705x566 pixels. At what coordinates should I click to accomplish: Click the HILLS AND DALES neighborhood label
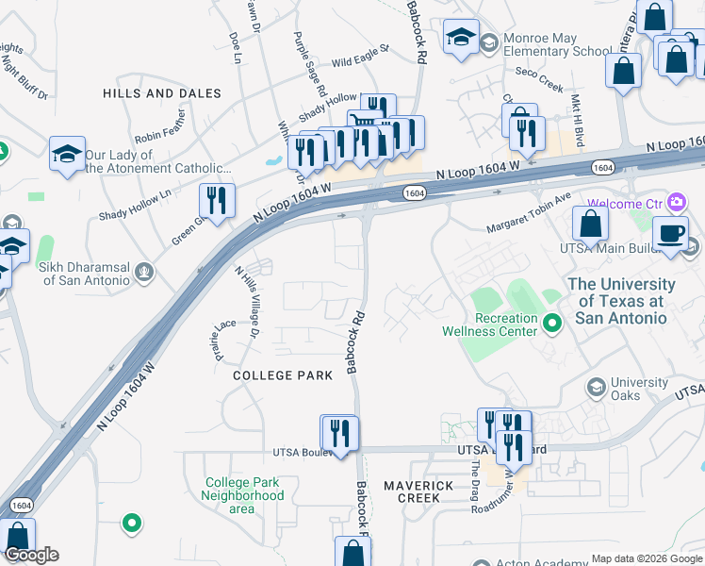point(161,93)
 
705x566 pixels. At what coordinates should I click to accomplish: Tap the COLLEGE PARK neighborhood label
point(283,375)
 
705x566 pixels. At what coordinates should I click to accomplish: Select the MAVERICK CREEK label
point(418,491)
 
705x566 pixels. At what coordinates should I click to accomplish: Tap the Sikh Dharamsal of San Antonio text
point(83,274)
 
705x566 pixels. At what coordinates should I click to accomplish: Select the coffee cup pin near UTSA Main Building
point(670,234)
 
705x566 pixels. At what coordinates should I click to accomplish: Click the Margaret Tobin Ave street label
point(529,214)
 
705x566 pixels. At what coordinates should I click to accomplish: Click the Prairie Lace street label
point(223,341)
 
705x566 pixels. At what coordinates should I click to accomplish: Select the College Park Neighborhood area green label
point(243,495)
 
